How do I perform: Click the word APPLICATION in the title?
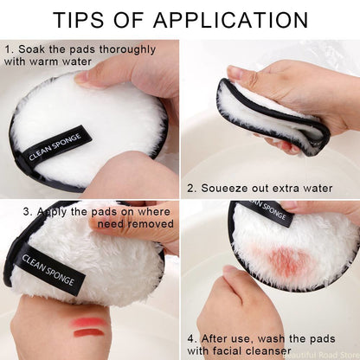click(238, 19)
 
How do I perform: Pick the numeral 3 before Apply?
click(28, 210)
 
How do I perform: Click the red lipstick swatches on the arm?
click(88, 327)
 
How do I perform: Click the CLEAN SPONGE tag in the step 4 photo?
click(264, 214)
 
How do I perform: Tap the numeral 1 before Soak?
click(8, 50)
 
